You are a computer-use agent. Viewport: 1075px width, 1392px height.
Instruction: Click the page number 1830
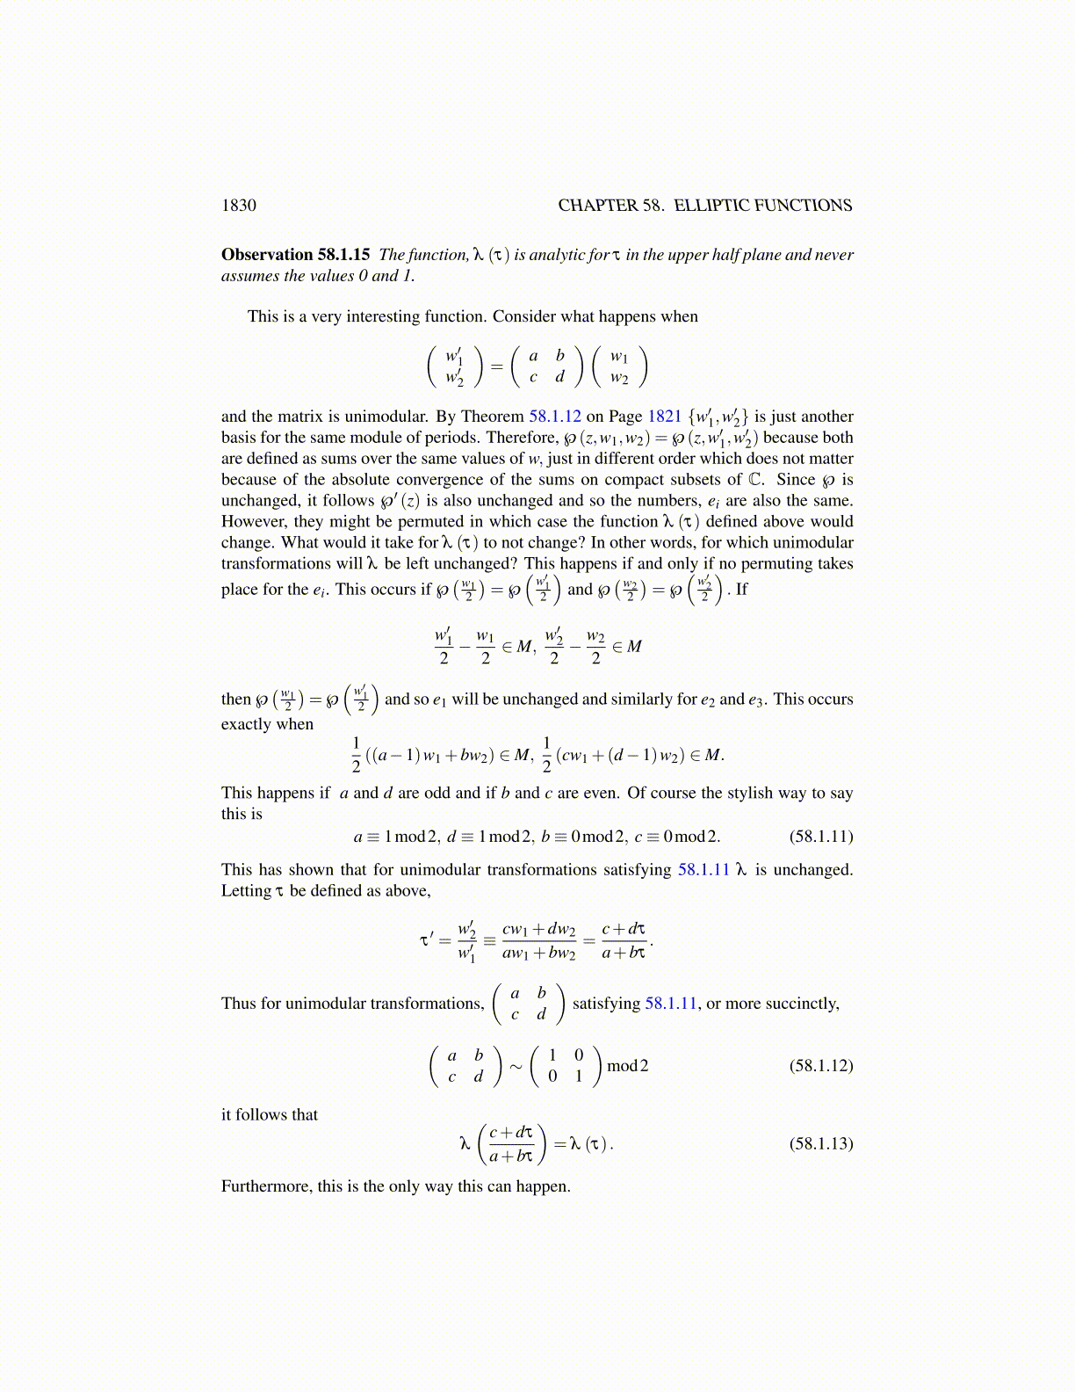pyautogui.click(x=239, y=206)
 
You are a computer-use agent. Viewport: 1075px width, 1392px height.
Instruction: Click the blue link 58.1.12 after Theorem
pyautogui.click(x=555, y=417)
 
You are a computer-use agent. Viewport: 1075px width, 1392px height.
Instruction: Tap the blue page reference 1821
pyautogui.click(x=665, y=417)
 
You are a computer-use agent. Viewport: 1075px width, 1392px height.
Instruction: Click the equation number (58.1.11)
pyautogui.click(x=821, y=836)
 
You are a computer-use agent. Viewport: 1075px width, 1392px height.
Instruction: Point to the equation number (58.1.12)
pyautogui.click(x=821, y=1066)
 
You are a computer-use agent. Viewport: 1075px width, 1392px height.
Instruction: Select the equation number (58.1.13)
pyautogui.click(x=821, y=1143)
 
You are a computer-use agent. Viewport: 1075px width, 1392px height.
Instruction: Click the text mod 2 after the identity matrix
pyautogui.click(x=628, y=1066)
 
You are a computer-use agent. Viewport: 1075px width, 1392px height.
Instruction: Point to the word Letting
pyautogui.click(x=246, y=891)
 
